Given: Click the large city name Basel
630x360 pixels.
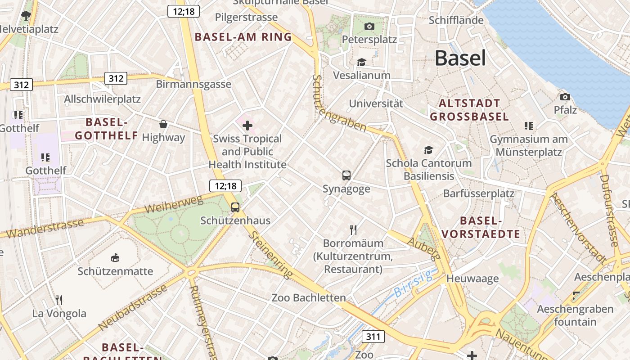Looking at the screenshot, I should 460,58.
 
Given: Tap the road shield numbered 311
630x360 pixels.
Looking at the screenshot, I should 373,336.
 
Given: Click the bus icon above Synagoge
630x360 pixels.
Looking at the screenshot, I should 346,175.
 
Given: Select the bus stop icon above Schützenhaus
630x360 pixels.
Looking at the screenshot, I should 235,207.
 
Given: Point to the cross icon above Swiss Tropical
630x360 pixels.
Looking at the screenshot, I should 247,126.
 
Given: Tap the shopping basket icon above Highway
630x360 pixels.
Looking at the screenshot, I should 163,124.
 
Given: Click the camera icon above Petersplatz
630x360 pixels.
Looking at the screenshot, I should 369,26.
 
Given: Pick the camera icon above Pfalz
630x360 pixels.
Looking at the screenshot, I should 565,97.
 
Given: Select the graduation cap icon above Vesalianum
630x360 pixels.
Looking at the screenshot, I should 361,62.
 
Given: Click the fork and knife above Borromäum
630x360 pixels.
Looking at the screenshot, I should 353,230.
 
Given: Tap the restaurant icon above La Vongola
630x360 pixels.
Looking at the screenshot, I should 59,300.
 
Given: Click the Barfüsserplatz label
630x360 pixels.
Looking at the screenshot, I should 478,193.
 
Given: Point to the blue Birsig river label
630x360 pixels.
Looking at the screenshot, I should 413,283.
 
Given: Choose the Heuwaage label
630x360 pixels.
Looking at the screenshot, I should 472,279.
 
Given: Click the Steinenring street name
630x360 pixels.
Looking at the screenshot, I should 270,254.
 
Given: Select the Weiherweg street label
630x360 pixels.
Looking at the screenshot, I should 174,205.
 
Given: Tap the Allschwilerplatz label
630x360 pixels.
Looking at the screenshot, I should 103,99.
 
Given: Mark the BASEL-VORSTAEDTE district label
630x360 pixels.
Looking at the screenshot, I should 481,227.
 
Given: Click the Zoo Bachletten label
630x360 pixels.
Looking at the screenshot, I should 309,297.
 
